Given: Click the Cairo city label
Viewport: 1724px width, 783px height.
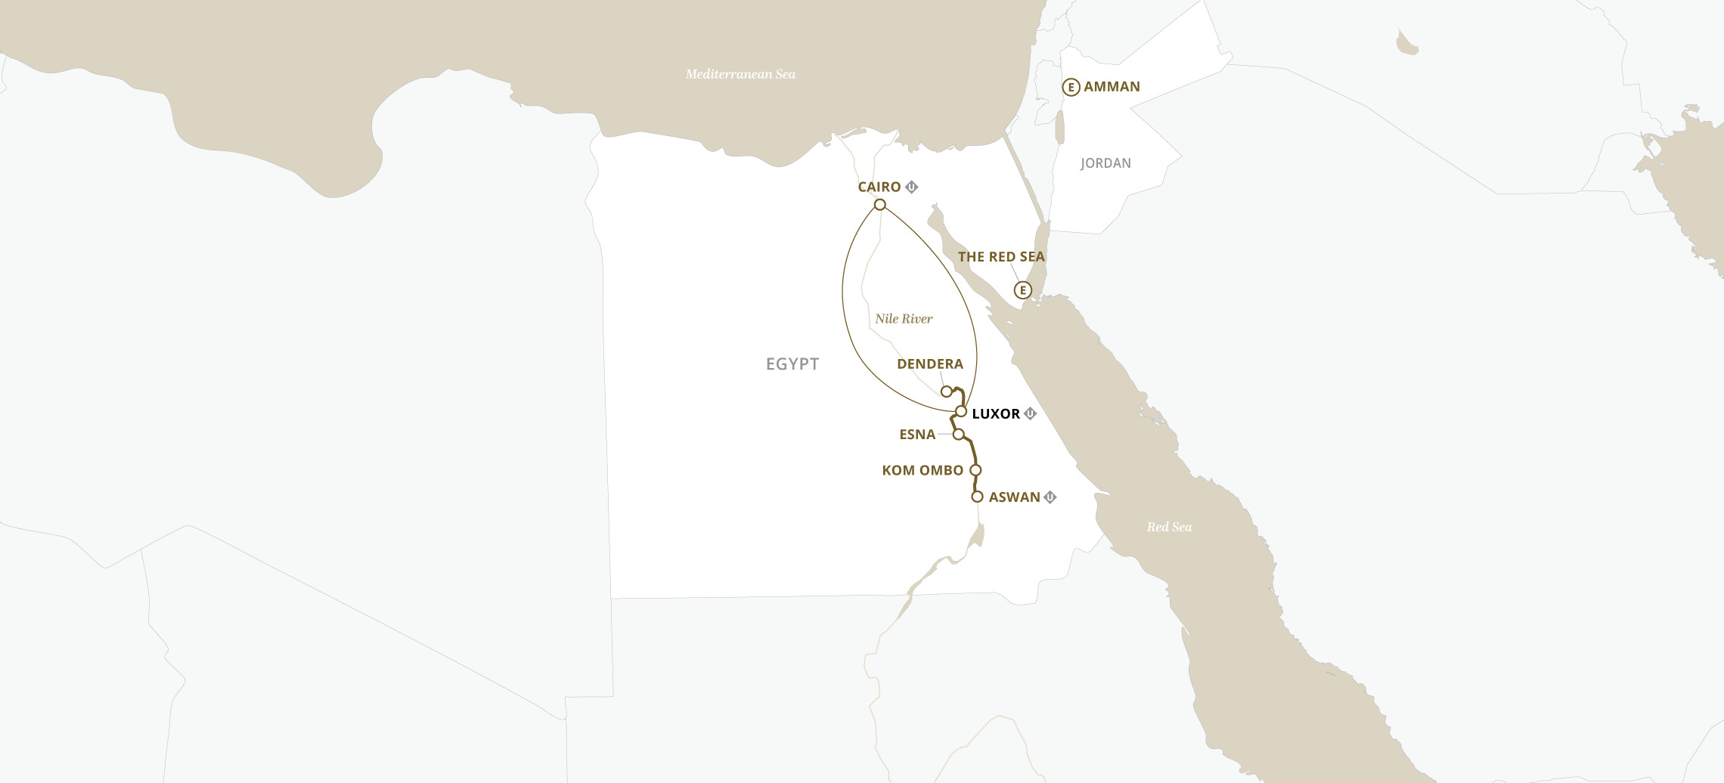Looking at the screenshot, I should (x=879, y=187).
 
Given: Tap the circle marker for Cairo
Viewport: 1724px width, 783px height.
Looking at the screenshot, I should (x=879, y=205).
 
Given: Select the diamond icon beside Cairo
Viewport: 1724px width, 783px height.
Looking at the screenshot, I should (x=912, y=187).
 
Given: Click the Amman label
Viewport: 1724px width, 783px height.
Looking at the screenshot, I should (x=1112, y=87).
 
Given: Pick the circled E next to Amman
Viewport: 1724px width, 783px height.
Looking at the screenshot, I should (x=1071, y=88).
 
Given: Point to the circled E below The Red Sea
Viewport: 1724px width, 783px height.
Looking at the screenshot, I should (x=1022, y=290).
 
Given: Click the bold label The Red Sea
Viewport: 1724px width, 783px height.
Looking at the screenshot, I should (x=1001, y=257).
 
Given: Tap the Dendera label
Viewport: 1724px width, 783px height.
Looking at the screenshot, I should (x=929, y=364).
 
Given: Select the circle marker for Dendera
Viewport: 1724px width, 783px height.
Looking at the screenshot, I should (x=946, y=391).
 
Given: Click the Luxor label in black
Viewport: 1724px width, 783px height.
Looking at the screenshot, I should (x=996, y=414).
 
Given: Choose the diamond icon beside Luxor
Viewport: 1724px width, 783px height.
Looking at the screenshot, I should (x=1030, y=413).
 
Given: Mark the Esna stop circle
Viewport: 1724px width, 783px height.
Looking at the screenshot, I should (x=958, y=435).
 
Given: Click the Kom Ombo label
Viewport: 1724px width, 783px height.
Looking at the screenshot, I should (x=922, y=470).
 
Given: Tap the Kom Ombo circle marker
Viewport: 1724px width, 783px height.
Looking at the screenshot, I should (x=975, y=470).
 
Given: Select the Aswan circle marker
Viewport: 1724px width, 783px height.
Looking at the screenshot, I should (x=977, y=497).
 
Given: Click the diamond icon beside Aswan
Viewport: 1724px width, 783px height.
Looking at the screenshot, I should (x=1050, y=497).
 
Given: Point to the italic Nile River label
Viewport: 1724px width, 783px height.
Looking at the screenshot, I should (x=904, y=319).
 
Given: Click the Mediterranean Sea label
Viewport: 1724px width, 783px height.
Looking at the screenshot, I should (x=740, y=74).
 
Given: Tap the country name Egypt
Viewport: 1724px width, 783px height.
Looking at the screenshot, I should (x=792, y=364).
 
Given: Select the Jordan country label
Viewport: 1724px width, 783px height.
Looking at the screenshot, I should (x=1105, y=163).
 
